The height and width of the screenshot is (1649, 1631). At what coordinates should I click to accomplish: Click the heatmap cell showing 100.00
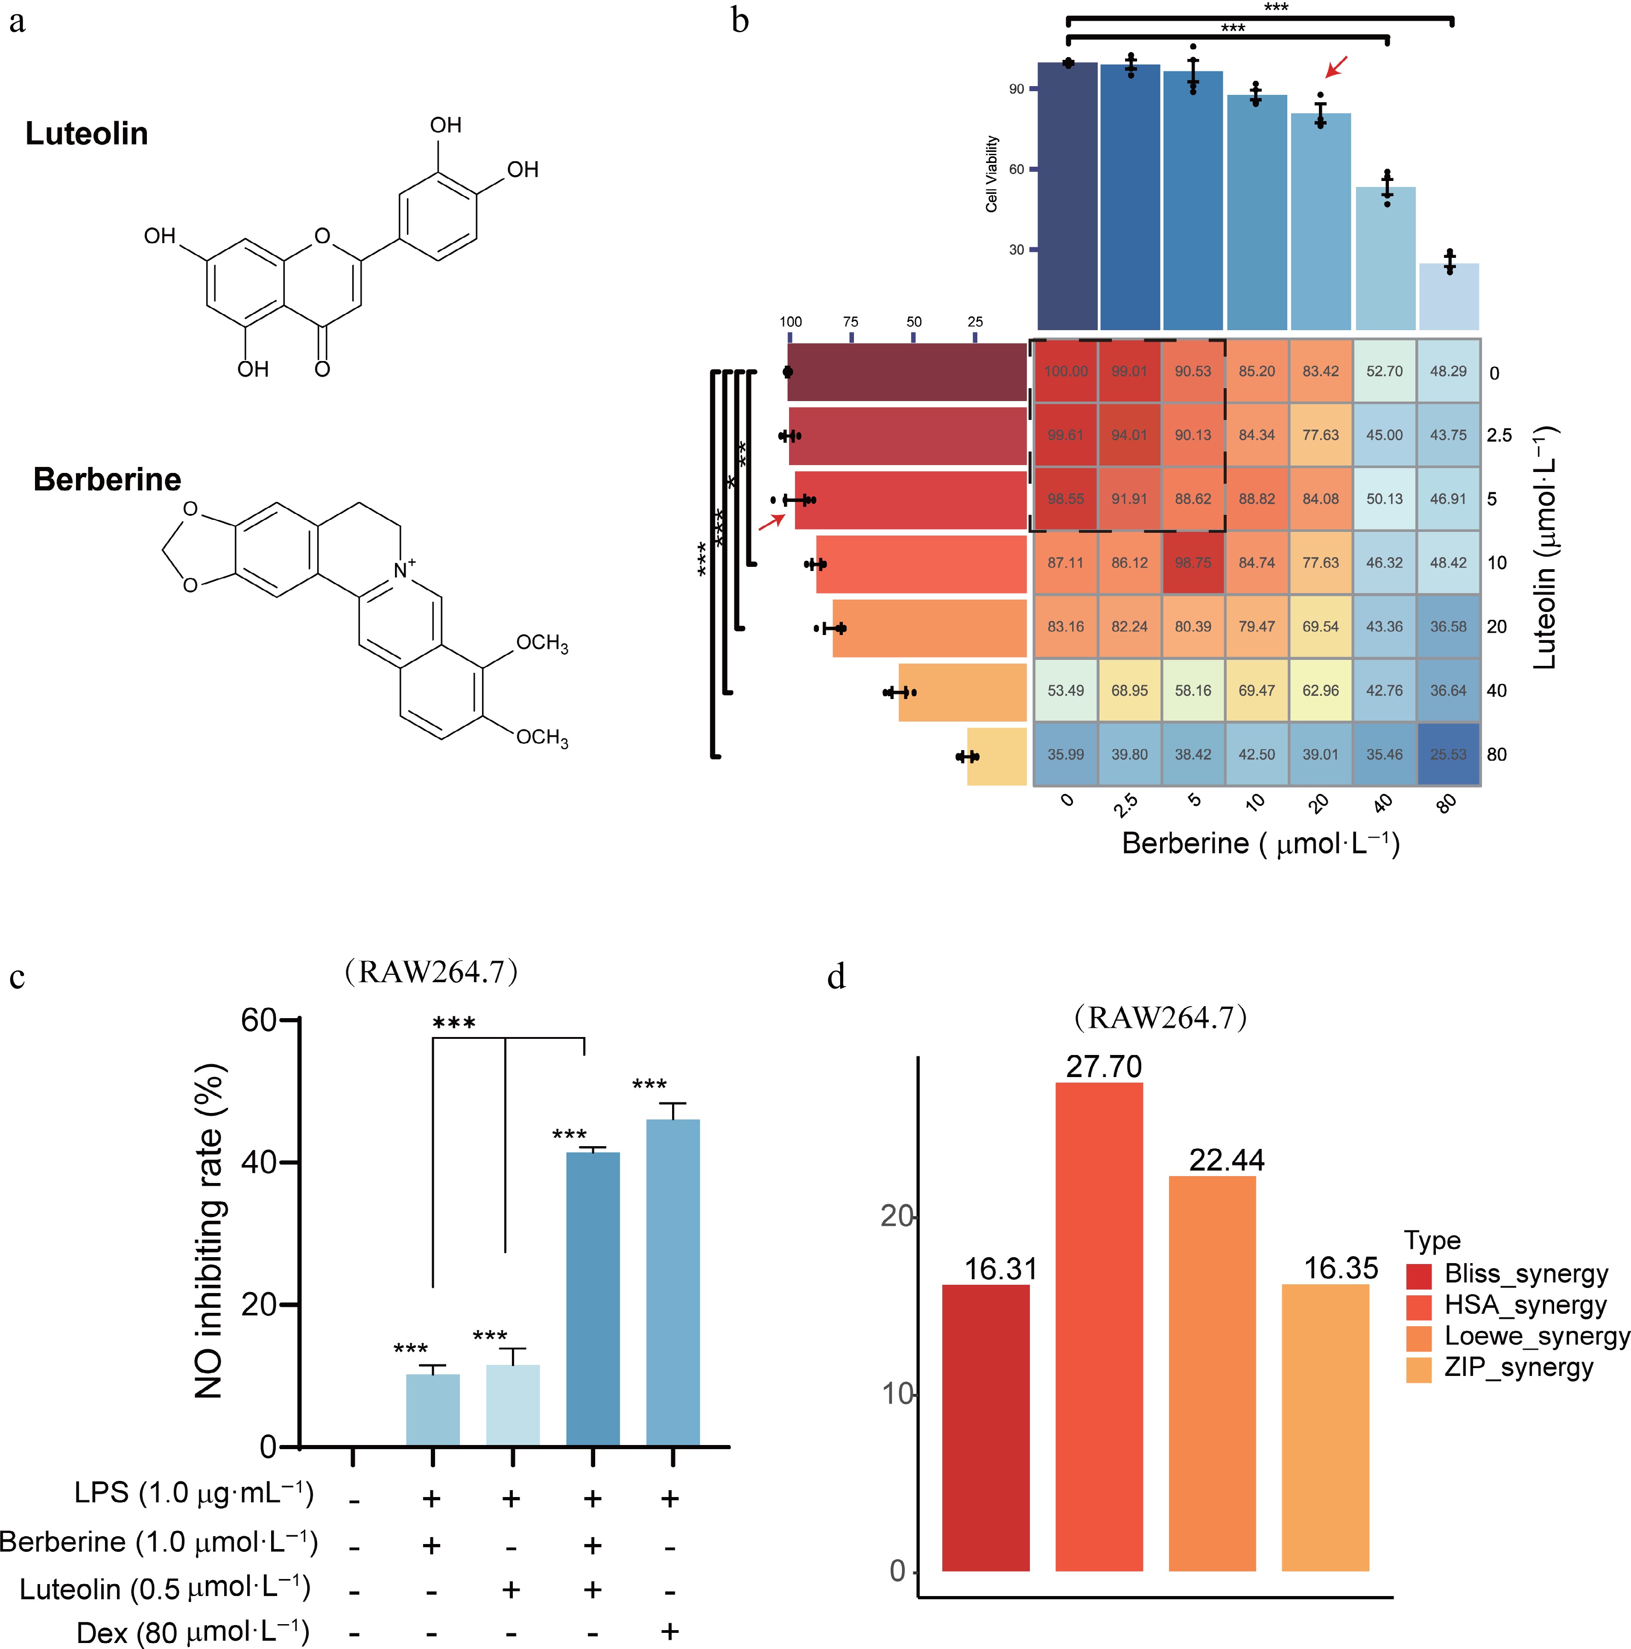tap(1065, 371)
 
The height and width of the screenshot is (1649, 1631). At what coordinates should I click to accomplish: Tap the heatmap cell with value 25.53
tap(1448, 755)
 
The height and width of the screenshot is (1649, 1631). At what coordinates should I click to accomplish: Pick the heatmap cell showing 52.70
tap(1384, 371)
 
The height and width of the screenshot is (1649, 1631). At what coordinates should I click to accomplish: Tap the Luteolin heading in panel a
tap(86, 134)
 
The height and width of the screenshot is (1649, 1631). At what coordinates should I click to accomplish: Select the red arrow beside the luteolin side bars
tap(772, 522)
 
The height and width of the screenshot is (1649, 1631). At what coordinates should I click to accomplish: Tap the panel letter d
tap(836, 976)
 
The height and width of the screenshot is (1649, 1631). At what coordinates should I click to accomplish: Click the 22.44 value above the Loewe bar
tap(1226, 1160)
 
